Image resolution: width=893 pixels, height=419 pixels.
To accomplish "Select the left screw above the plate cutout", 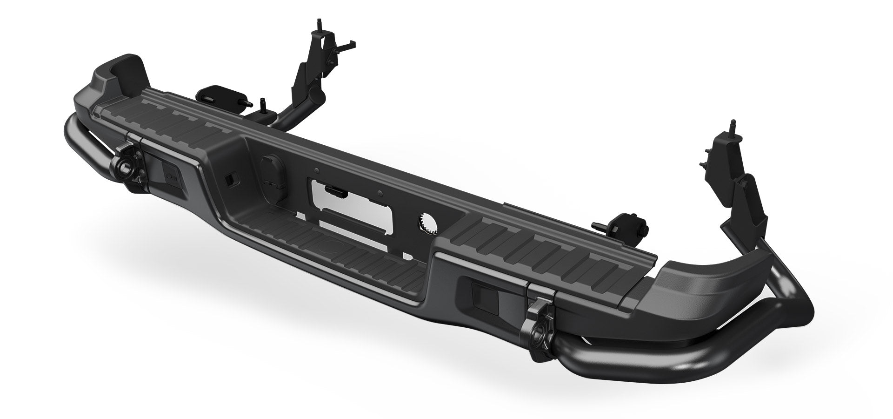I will (x=316, y=171).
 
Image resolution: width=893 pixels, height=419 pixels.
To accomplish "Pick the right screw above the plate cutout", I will (x=380, y=192).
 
